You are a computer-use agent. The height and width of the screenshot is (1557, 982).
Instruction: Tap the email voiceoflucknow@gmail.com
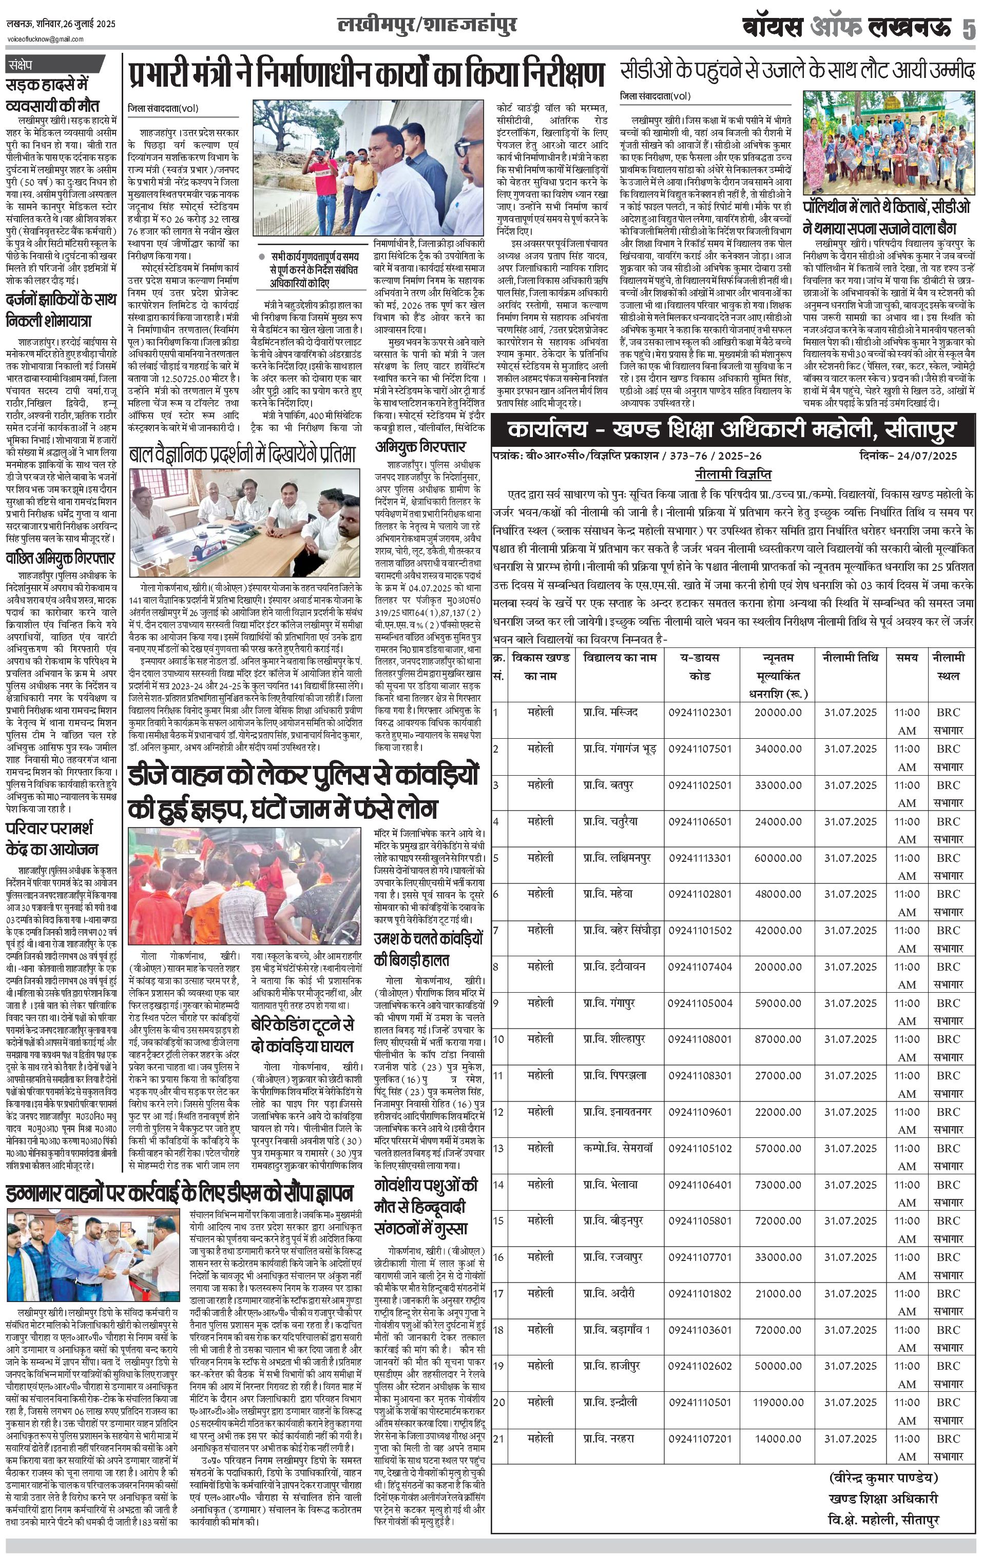(45, 40)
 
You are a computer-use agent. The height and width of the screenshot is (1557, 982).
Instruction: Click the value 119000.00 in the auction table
(778, 1403)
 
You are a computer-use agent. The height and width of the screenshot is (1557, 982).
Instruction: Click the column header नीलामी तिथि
(850, 658)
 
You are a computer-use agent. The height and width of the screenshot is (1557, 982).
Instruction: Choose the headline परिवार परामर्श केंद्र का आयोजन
(52, 839)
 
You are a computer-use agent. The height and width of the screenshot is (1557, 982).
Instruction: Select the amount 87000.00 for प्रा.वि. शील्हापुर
(778, 1039)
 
